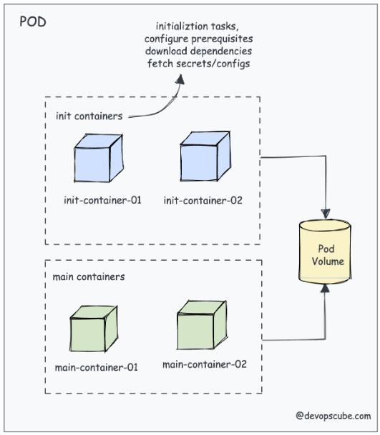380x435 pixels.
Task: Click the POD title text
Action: click(33, 21)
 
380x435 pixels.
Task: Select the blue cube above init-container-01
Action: click(99, 158)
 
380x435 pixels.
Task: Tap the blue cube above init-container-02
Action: click(205, 156)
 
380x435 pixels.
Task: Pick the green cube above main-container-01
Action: click(94, 329)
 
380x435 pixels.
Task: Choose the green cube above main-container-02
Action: click(202, 325)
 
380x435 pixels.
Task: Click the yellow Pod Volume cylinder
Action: click(325, 251)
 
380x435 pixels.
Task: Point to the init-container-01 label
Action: click(102, 200)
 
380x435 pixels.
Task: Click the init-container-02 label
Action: click(203, 200)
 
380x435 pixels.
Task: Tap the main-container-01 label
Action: click(97, 367)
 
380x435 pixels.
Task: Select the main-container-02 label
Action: click(205, 364)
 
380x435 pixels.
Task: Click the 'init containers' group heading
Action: click(89, 116)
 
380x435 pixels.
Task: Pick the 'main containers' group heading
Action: click(89, 276)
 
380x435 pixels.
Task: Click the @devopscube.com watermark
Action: click(333, 416)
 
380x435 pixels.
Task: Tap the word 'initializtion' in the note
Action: click(182, 26)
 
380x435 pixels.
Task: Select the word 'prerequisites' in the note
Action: click(222, 39)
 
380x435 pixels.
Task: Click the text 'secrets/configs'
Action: click(213, 64)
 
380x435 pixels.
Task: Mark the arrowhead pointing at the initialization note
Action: click(180, 79)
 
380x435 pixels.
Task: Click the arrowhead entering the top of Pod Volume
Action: click(326, 214)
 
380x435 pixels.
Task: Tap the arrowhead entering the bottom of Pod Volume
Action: click(325, 289)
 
